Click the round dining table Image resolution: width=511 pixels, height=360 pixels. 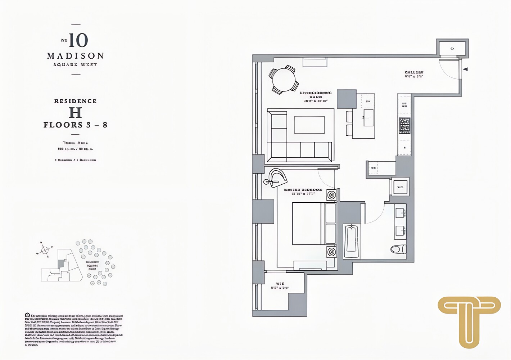coord(284,80)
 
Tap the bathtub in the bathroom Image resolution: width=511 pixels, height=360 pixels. coord(351,240)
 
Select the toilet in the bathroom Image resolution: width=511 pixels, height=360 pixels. coord(398,249)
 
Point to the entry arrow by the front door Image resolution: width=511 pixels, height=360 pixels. coord(465,69)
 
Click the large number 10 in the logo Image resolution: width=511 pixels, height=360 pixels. coord(78,40)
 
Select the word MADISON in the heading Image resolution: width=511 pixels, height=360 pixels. coord(76,56)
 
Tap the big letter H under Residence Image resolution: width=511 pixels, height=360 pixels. coord(75,113)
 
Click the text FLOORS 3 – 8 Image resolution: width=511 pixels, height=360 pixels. coord(76,125)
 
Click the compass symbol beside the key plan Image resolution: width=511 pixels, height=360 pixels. coord(45,250)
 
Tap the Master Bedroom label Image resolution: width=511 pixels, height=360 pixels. coord(303,190)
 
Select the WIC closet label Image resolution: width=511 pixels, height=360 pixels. coord(280,284)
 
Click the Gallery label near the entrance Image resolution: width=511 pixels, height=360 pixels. coord(414,73)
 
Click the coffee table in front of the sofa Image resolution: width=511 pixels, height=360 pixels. coord(309,125)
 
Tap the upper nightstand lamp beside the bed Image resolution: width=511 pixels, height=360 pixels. coord(331,195)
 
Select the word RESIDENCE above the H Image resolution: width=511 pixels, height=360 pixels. coord(76,101)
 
